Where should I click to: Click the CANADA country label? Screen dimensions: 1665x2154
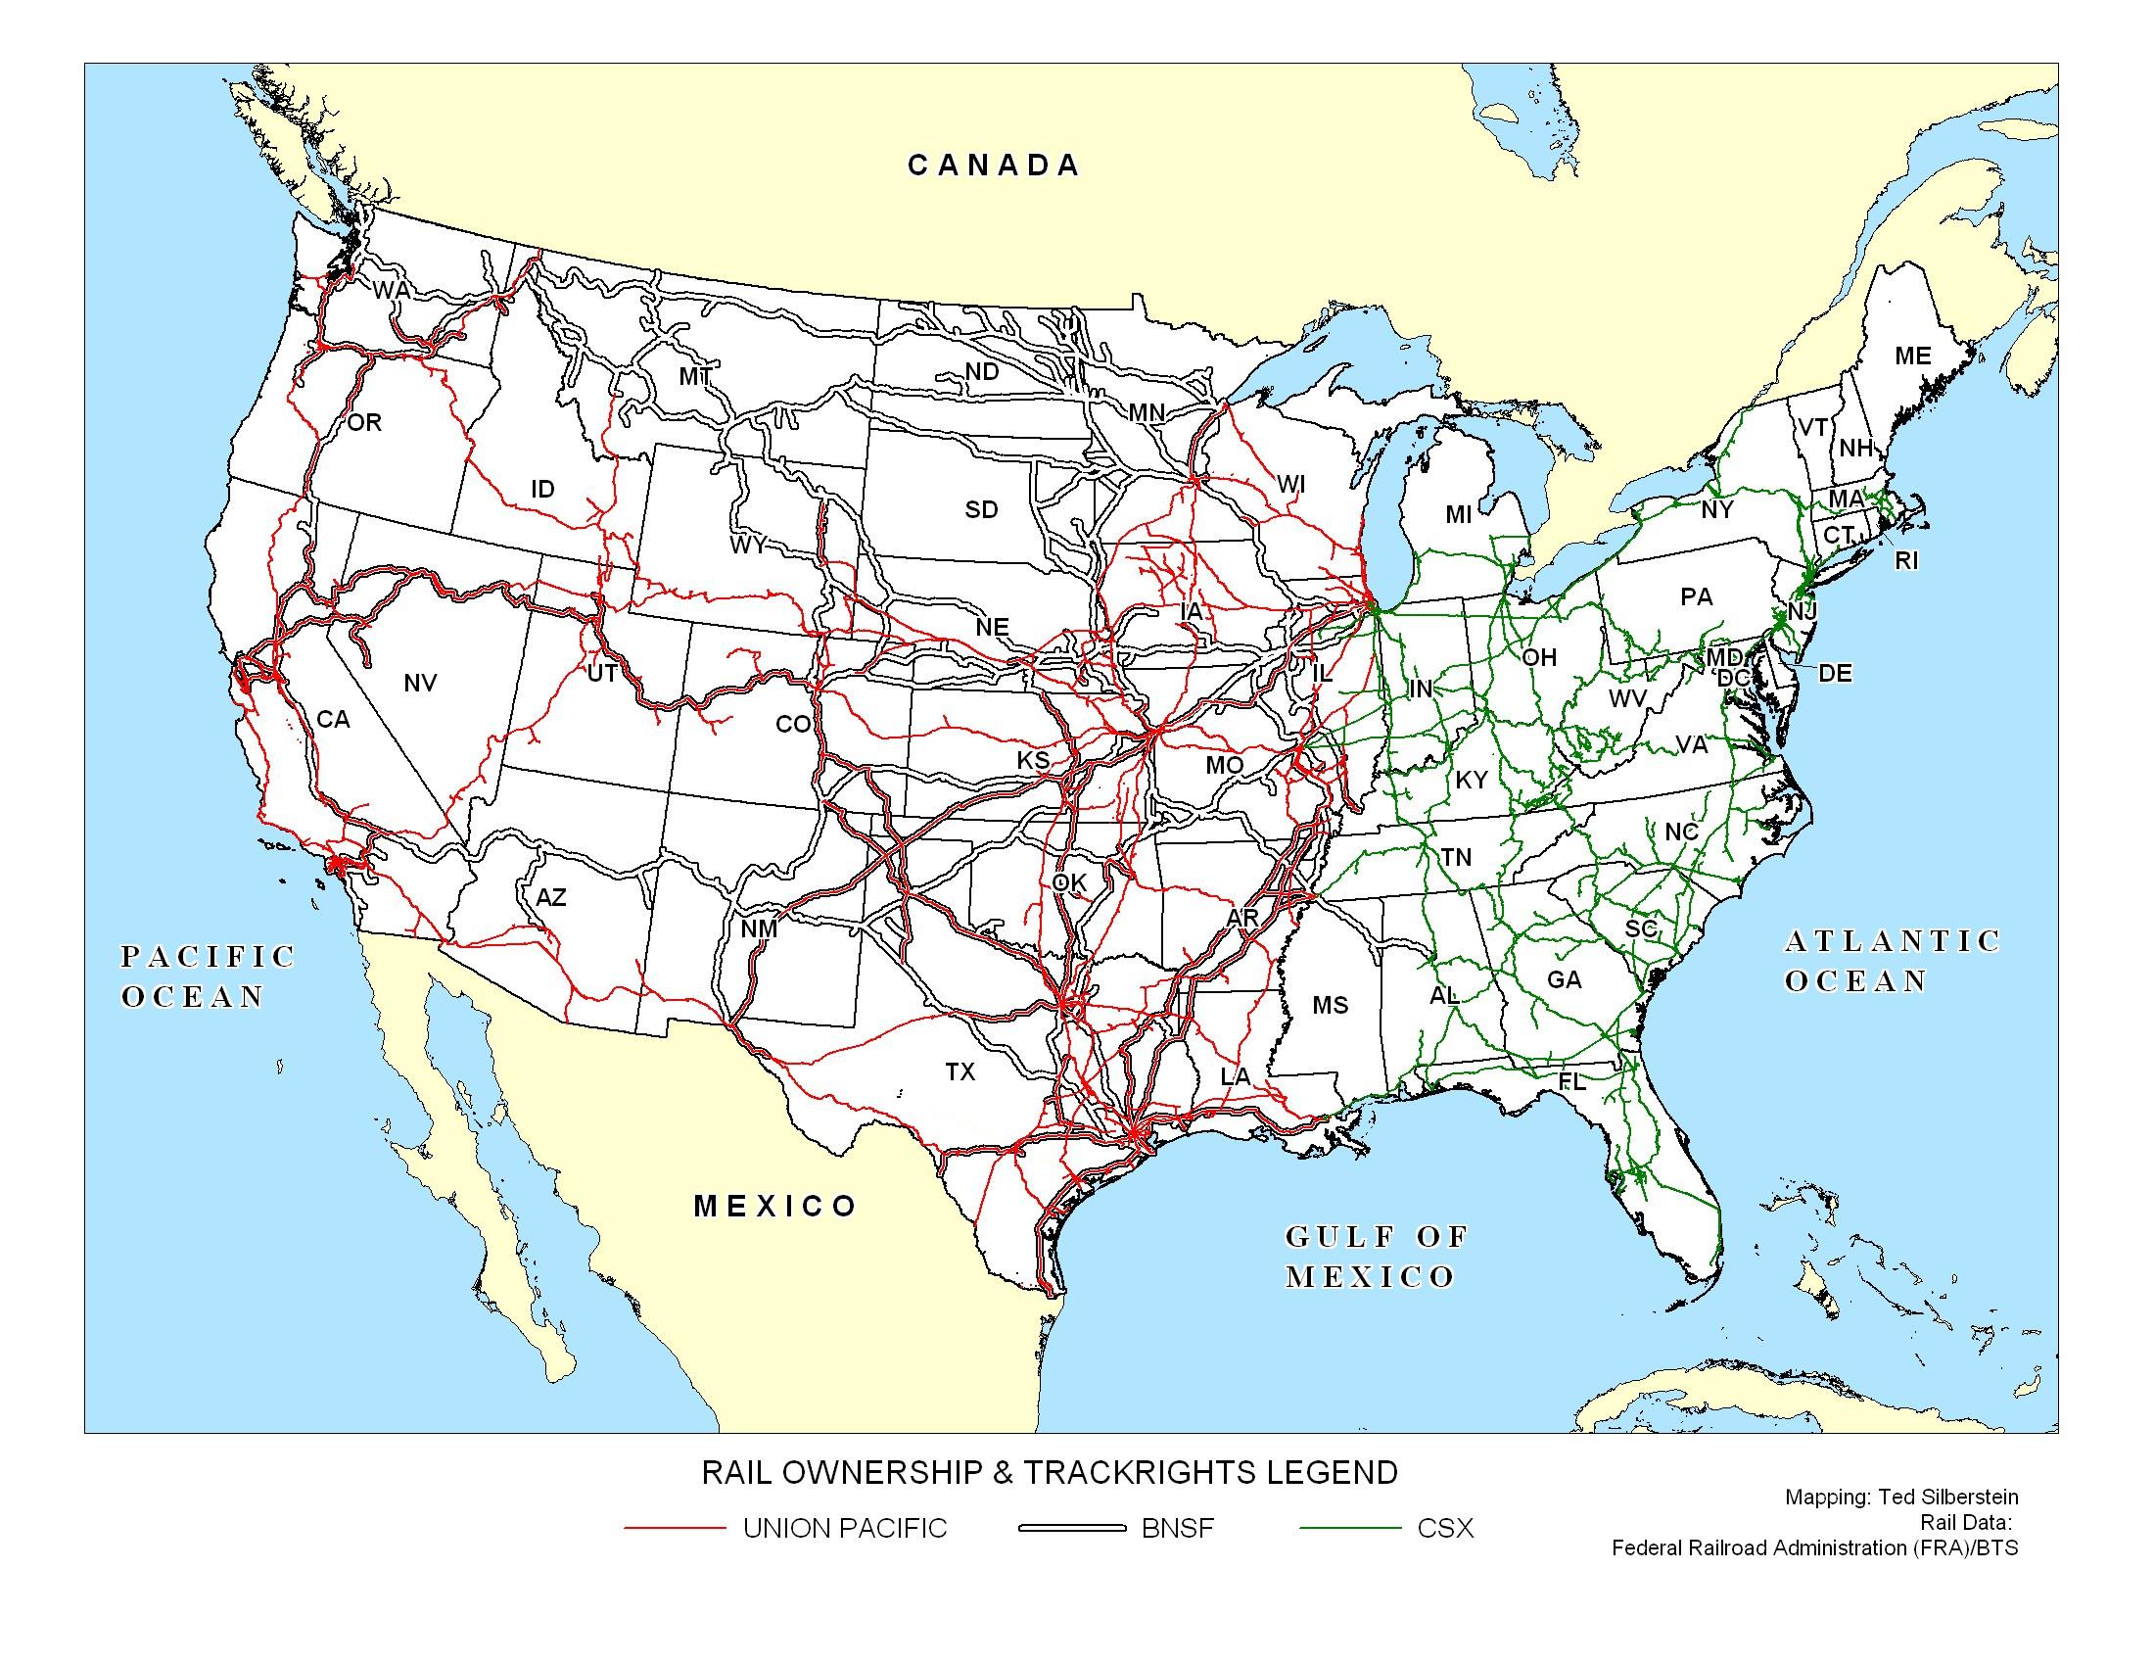click(x=993, y=165)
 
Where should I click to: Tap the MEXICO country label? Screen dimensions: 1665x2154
click(x=775, y=1206)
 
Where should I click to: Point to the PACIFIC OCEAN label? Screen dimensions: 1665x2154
click(x=208, y=975)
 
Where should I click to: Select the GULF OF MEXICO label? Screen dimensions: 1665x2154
click(x=1376, y=1256)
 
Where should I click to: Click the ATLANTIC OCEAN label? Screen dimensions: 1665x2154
click(x=1892, y=961)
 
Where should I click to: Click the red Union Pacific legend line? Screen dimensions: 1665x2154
click(x=675, y=1528)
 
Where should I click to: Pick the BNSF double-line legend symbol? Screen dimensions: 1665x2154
click(x=1071, y=1528)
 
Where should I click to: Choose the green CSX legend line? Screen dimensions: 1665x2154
click(x=1349, y=1528)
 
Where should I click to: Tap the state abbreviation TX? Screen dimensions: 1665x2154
click(x=960, y=1071)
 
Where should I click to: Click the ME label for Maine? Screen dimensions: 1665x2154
click(x=1912, y=357)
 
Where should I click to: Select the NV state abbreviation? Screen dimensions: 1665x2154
click(x=420, y=683)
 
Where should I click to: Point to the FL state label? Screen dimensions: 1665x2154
click(x=1571, y=1082)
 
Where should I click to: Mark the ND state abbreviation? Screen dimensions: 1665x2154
click(x=981, y=372)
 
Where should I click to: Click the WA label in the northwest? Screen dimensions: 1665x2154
click(x=391, y=291)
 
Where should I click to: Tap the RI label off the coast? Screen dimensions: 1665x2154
click(x=1906, y=561)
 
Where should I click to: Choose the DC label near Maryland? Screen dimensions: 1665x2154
click(x=1732, y=679)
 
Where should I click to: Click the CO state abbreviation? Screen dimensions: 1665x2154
click(x=793, y=725)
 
